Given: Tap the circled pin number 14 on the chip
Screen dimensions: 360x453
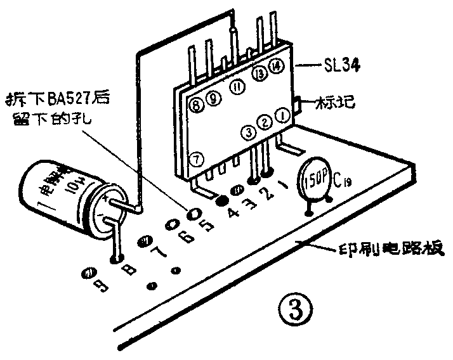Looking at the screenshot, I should point(275,65).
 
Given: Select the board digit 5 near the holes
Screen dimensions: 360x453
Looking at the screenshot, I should point(203,223).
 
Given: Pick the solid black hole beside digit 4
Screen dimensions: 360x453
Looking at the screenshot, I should point(222,200).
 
